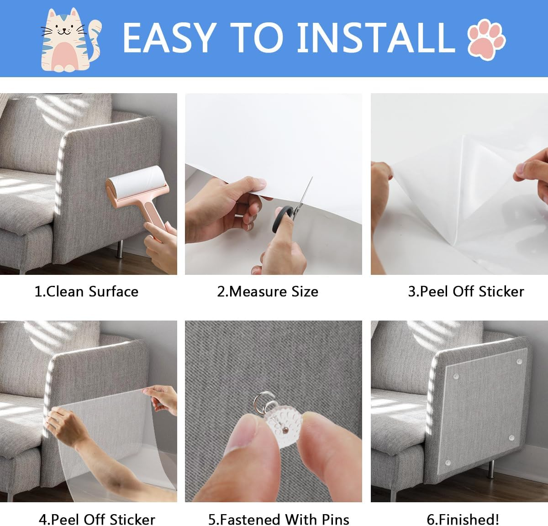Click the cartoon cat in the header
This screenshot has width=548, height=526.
pos(70,40)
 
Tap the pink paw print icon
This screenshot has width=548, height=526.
pos(486,39)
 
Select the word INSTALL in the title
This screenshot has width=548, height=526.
pos(376,38)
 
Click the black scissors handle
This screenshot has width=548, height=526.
pos(282,219)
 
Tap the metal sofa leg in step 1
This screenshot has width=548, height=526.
pos(120,249)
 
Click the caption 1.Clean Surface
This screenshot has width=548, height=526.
pos(86,291)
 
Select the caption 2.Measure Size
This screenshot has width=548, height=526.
pos(268,291)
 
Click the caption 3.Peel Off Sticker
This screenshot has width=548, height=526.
pos(466,291)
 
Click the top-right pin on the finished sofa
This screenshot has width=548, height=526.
pos(519,362)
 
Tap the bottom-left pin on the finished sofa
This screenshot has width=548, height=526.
pos(448,463)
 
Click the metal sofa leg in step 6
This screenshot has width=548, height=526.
pos(491,469)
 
